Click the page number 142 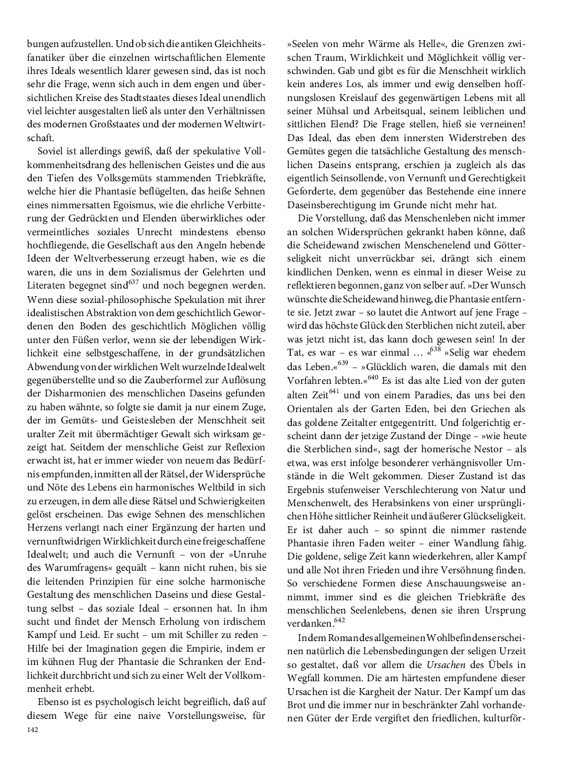[x=33, y=730]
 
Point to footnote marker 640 [x=375, y=359]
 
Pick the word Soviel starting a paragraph [x=53, y=152]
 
